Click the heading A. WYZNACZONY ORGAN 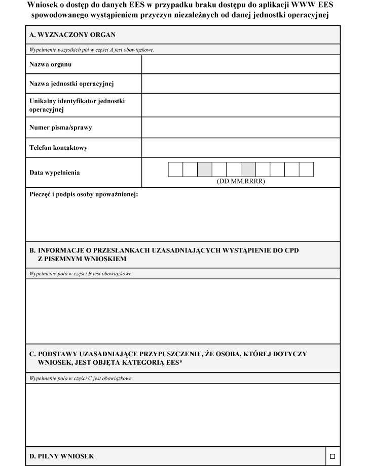(x=72, y=35)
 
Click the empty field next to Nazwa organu (x=240, y=64)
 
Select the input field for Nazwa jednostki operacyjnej (x=240, y=83)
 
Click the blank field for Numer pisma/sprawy (x=240, y=128)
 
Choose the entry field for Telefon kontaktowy (x=240, y=148)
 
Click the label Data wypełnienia (x=54, y=173)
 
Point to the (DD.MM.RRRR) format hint (x=241, y=181)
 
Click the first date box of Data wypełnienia (x=175, y=170)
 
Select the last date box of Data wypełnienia (x=307, y=170)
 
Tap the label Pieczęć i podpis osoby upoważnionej (x=84, y=194)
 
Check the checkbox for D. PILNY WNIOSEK (x=332, y=456)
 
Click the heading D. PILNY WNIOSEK (x=61, y=456)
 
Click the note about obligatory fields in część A (x=91, y=50)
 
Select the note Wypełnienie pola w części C (x=81, y=378)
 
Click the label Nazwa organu (x=50, y=64)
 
